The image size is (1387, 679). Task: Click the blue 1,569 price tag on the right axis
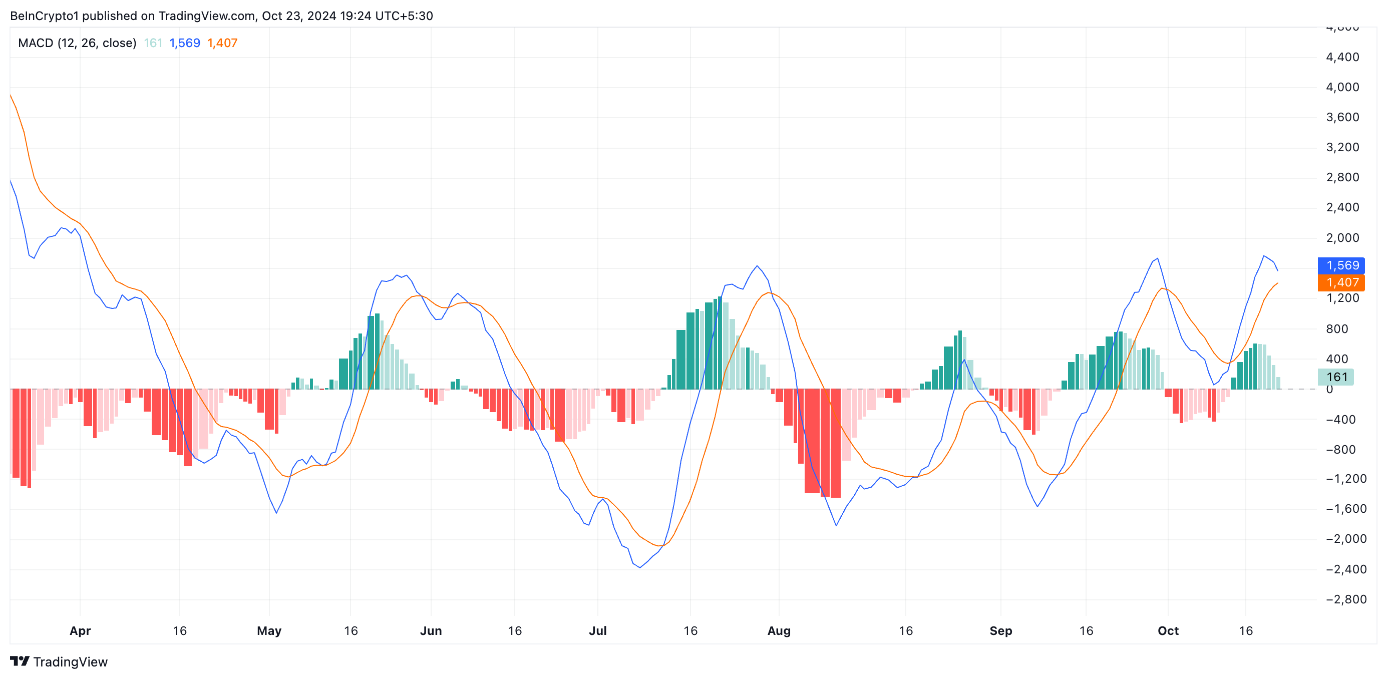(1341, 265)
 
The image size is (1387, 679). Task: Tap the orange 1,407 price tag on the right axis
(1341, 283)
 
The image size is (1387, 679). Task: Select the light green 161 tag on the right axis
(1336, 377)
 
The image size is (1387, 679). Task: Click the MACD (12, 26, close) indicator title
(77, 43)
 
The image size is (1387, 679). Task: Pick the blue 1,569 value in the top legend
(185, 43)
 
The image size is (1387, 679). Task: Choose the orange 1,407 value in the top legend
(222, 43)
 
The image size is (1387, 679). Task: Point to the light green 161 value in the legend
(153, 43)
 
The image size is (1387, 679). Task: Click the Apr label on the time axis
(80, 630)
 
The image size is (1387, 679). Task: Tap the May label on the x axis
(269, 630)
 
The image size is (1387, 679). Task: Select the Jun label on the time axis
(431, 630)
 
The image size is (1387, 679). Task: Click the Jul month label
(598, 630)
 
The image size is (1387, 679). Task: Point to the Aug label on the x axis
(779, 630)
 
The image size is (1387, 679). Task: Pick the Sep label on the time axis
(1000, 630)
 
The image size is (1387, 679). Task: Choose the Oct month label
(1168, 630)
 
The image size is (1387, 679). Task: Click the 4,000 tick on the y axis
(1342, 87)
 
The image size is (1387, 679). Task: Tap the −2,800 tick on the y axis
(1342, 599)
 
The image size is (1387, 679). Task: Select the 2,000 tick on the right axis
(1342, 238)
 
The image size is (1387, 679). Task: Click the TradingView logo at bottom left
(59, 662)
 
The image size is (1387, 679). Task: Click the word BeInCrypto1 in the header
(44, 16)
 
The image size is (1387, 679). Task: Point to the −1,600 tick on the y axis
(1342, 509)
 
